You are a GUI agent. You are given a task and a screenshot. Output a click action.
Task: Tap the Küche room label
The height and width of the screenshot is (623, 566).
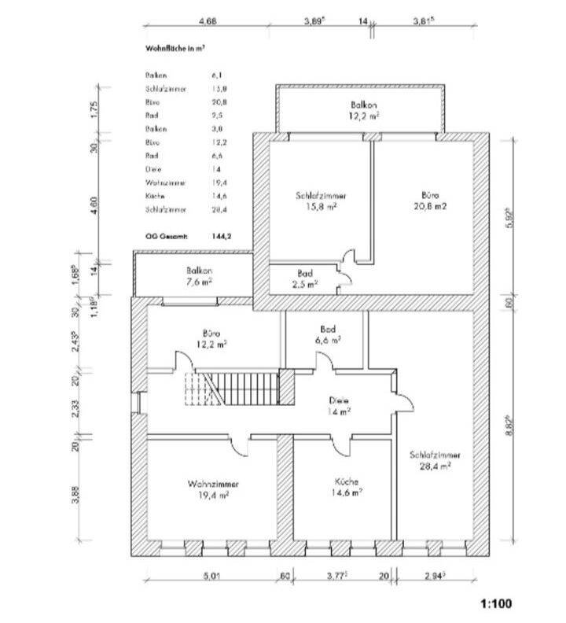[x=347, y=488]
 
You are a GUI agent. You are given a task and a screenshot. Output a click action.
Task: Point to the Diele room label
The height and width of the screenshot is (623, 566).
[x=340, y=405]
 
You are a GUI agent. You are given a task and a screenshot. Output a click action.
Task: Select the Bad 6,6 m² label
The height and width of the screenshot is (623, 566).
[x=329, y=334]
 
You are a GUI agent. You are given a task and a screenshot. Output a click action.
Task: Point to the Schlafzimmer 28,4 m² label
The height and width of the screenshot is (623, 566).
[x=435, y=460]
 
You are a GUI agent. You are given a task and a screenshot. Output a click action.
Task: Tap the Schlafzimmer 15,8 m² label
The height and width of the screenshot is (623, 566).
[x=317, y=201]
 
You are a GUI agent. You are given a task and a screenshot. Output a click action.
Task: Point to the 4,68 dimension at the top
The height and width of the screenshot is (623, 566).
[x=208, y=21]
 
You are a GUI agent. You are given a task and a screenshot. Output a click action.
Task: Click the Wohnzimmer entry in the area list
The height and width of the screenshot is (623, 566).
[x=166, y=182]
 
